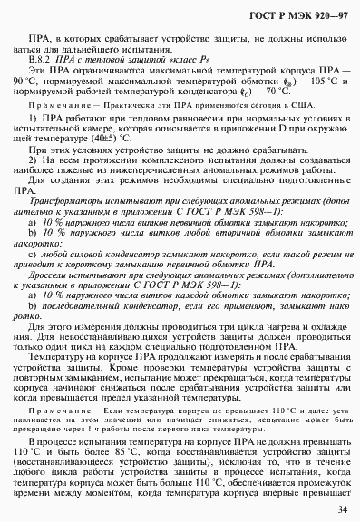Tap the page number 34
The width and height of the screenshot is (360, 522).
(340, 508)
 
